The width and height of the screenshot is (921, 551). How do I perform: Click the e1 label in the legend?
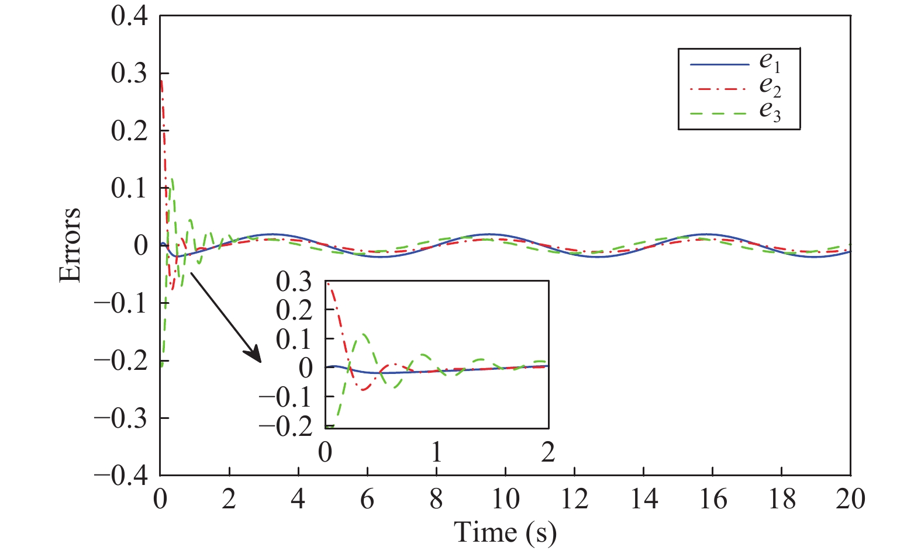point(770,62)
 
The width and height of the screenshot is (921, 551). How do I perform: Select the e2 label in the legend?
point(770,86)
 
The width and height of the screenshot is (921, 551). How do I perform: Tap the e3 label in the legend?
point(770,111)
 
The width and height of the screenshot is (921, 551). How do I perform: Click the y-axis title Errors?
point(70,245)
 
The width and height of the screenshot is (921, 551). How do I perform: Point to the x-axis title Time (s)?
point(505,532)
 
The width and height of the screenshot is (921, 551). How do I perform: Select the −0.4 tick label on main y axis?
point(121,476)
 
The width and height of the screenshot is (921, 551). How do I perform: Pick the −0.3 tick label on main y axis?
point(121,418)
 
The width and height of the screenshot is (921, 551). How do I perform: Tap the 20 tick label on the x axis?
point(850,500)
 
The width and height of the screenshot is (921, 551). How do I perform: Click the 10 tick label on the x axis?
point(505,500)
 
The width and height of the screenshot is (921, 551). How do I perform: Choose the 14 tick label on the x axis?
point(643,500)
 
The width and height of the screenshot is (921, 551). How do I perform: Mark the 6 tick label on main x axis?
point(367,500)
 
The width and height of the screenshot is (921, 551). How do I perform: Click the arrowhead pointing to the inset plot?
point(254,355)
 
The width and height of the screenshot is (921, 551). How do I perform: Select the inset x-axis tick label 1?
point(436,452)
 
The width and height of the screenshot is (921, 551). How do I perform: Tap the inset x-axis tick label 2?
point(547,452)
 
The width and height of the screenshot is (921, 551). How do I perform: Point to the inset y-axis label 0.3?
point(294,282)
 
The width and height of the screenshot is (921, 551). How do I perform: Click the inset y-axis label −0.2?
point(286,427)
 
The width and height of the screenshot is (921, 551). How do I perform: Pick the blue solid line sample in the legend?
point(719,64)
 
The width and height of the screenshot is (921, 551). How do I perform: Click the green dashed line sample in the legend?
point(719,113)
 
